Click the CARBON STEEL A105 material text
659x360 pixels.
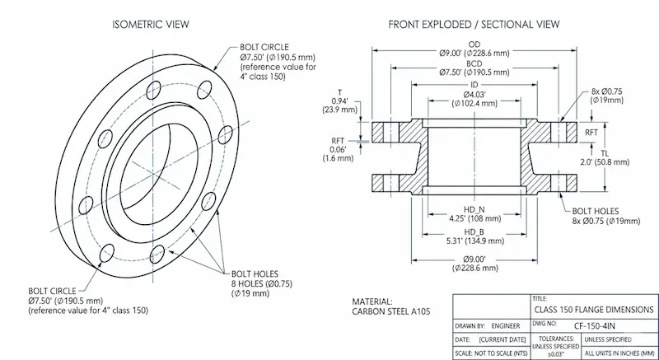[x=390, y=311]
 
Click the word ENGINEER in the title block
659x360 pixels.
[x=511, y=325]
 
